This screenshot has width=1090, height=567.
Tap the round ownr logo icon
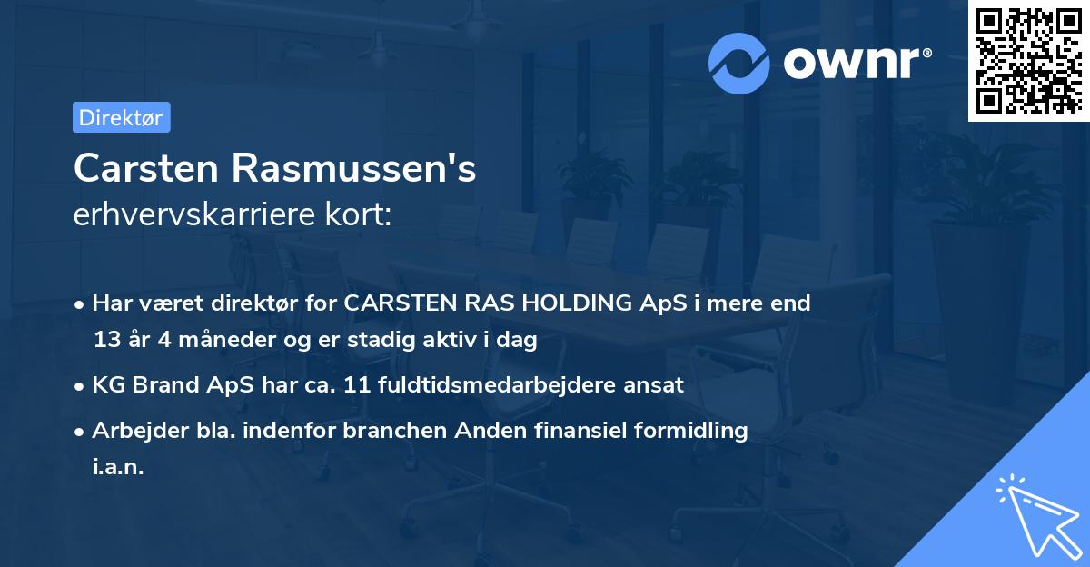[x=739, y=63]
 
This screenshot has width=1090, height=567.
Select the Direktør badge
[x=121, y=117]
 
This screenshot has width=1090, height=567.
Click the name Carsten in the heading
[x=145, y=168]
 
